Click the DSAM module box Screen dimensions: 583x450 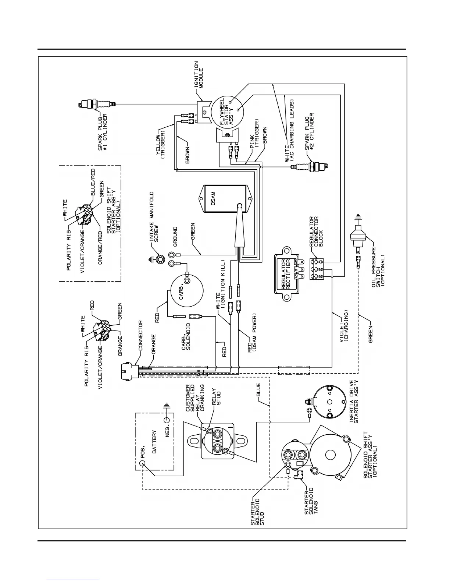224,201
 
